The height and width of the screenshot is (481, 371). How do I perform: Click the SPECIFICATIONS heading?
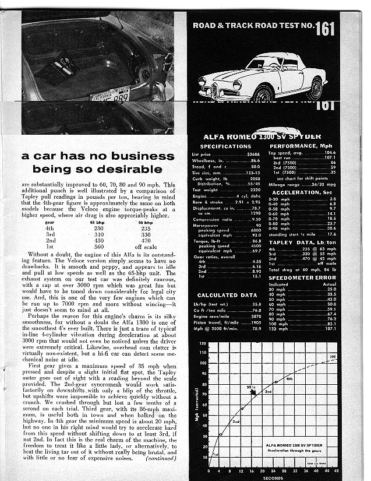225,146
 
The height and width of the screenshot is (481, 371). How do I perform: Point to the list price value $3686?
252,154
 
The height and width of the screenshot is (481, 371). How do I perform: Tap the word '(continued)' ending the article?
156,459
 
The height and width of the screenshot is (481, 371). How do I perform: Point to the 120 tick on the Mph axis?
203,344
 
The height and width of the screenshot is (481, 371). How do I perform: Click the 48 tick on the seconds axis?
337,470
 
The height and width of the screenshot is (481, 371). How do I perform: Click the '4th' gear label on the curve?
289,378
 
